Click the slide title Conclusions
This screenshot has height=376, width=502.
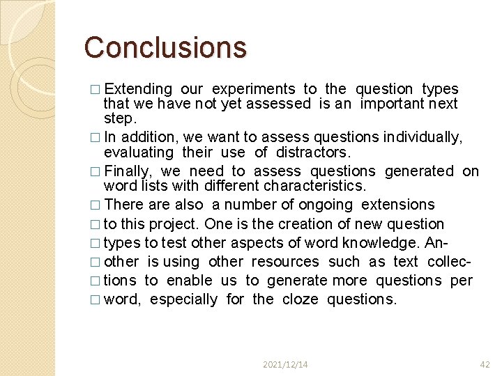tap(165, 47)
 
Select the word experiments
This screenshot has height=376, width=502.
tap(253, 89)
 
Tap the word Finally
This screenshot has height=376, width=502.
tap(128, 171)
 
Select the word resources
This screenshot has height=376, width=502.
tap(284, 262)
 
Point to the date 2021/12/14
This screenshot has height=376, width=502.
tap(286, 364)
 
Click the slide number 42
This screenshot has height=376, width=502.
tap(485, 364)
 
